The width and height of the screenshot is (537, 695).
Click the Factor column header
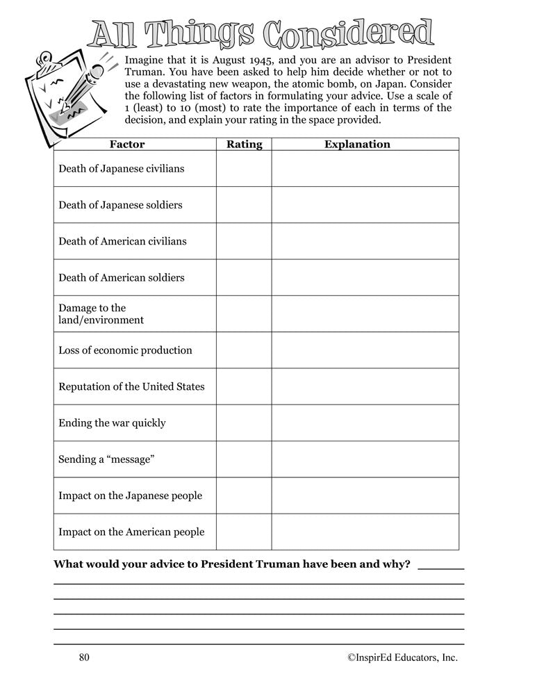point(127,145)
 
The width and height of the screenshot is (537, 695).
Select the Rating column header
point(244,145)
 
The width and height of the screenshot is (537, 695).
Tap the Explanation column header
point(357,145)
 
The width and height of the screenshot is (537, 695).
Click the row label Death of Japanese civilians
point(122,169)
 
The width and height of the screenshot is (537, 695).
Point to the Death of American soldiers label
point(122,277)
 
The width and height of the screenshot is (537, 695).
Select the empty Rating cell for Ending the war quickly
point(244,423)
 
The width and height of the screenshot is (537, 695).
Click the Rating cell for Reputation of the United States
point(244,386)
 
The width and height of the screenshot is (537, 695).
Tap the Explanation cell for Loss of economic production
point(365,350)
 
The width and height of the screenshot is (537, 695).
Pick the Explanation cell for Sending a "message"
point(365,459)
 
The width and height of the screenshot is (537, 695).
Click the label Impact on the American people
point(131,532)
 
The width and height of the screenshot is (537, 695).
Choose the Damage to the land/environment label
point(101,314)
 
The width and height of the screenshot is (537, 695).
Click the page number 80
point(85,657)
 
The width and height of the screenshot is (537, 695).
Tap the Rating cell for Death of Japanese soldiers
point(244,205)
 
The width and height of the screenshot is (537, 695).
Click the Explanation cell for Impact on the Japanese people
point(365,496)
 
